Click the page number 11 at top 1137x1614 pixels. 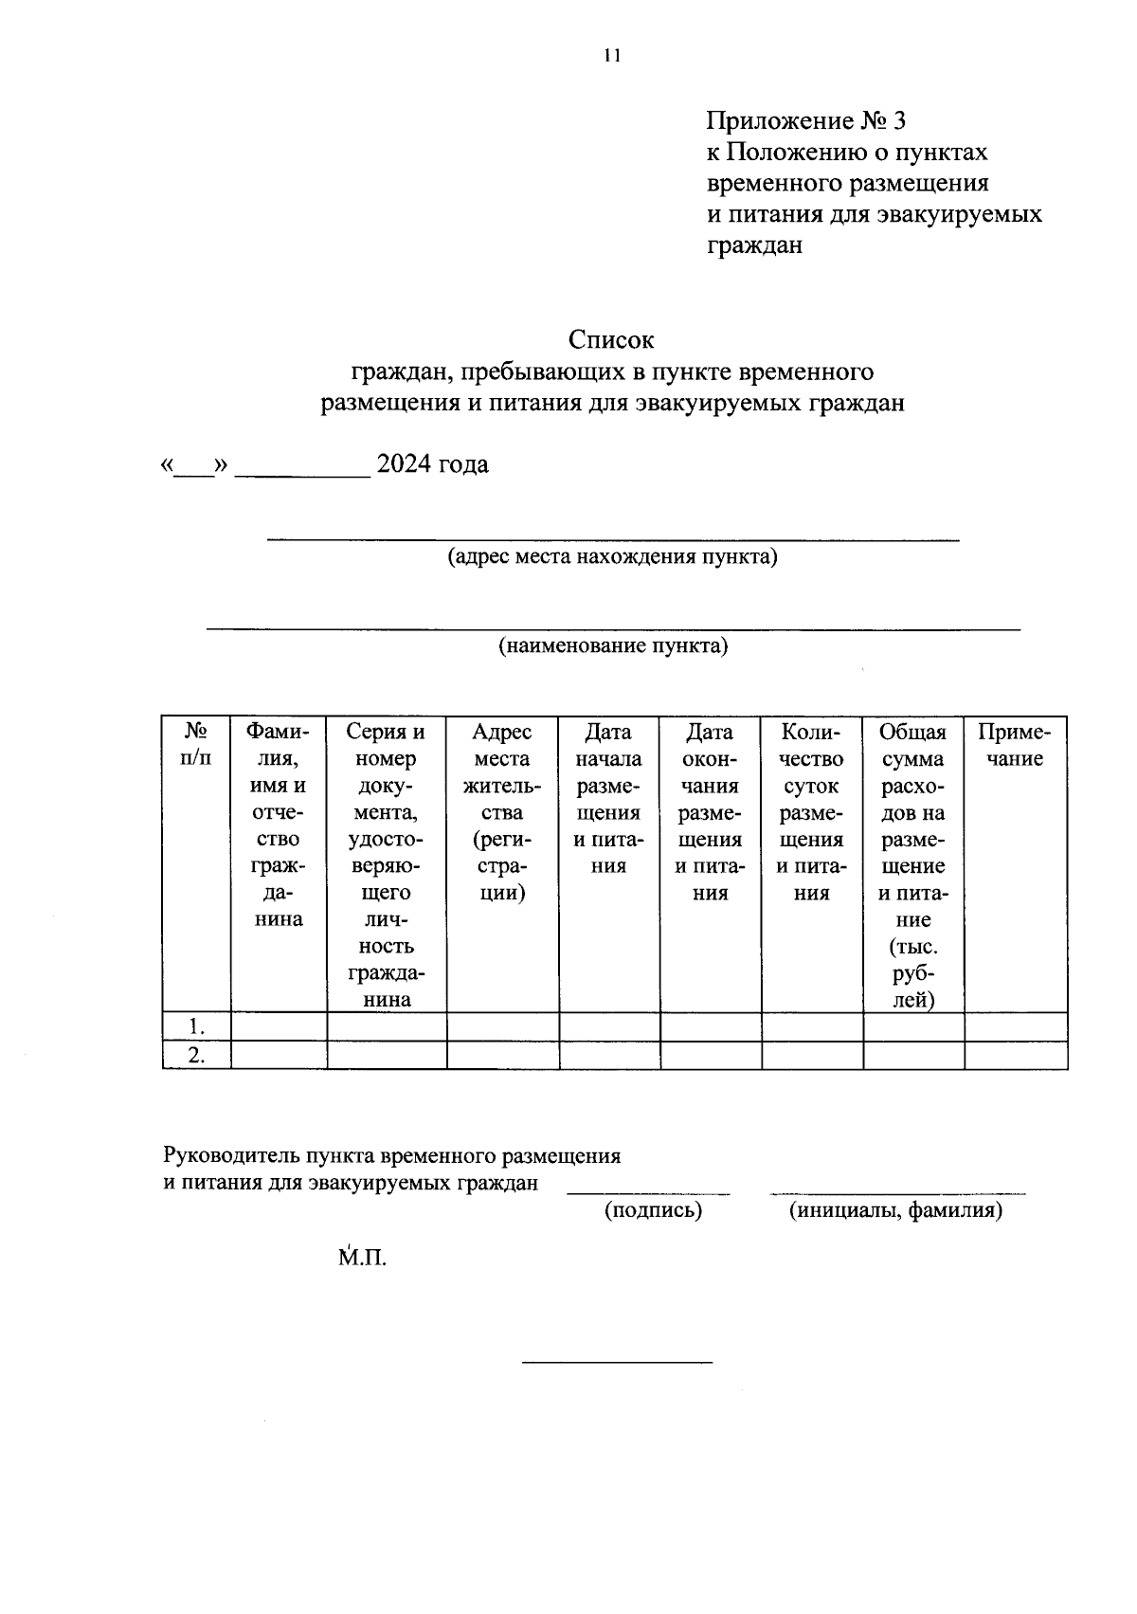611,56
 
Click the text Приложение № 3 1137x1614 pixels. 805,120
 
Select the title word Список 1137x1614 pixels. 611,339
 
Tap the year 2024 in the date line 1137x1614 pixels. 405,464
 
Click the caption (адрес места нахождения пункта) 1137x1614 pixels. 612,556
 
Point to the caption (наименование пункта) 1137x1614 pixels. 613,646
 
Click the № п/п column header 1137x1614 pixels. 196,744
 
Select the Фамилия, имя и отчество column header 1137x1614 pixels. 279,825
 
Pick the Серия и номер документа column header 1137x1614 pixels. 387,864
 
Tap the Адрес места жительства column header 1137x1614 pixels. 502,811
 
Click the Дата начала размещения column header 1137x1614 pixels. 608,798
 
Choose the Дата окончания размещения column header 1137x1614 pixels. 710,811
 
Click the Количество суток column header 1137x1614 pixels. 812,811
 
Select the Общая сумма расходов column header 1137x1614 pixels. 912,864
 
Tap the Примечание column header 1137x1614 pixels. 1015,745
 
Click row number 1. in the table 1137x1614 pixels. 196,1026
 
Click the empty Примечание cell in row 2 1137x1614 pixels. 1015,1055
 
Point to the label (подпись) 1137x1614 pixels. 653,1210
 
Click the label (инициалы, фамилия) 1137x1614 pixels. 895,1210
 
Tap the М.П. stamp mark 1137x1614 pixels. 363,1259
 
